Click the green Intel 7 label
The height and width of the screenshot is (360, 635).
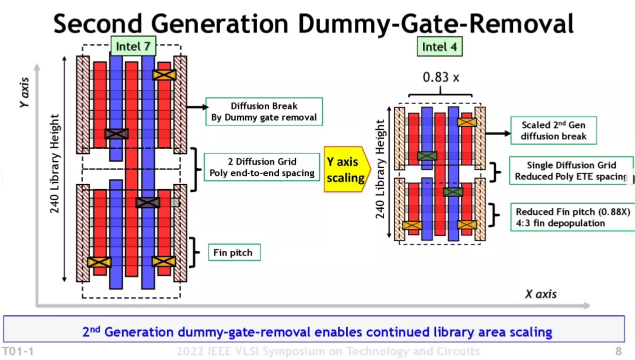pos(133,47)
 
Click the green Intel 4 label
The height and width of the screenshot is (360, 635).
pos(439,47)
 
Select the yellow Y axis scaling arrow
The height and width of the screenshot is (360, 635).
pos(346,169)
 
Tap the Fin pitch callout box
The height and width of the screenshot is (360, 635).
pos(234,252)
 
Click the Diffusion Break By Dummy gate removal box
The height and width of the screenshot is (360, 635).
pos(264,112)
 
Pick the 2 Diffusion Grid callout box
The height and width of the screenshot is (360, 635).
pos(262,167)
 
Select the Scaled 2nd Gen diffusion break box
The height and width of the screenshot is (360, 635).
pos(553,130)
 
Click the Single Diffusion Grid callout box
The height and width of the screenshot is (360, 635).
pos(571,171)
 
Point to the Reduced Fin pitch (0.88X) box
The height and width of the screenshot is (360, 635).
pos(572,217)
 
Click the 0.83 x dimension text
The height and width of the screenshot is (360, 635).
pos(441,78)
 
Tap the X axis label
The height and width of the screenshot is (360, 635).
pos(540,294)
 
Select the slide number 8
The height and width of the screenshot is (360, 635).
pos(618,351)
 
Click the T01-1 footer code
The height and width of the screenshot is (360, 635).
pos(18,351)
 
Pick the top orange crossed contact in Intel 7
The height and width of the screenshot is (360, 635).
pos(164,75)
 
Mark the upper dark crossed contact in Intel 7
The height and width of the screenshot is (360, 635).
pos(116,134)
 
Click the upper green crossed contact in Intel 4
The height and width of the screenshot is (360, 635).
pos(427,156)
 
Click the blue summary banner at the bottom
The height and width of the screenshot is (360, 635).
pos(314,332)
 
